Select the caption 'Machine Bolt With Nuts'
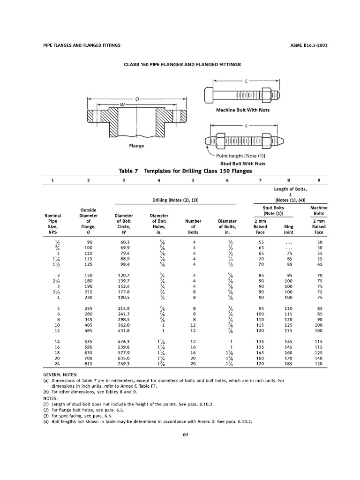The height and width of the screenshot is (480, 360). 242,110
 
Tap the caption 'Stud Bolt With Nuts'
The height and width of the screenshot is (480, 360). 243,163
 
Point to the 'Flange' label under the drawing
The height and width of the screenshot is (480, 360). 136,146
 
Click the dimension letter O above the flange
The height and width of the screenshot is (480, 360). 136,99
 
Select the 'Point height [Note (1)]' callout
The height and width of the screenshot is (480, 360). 241,156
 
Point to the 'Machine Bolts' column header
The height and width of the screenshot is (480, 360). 319,210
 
